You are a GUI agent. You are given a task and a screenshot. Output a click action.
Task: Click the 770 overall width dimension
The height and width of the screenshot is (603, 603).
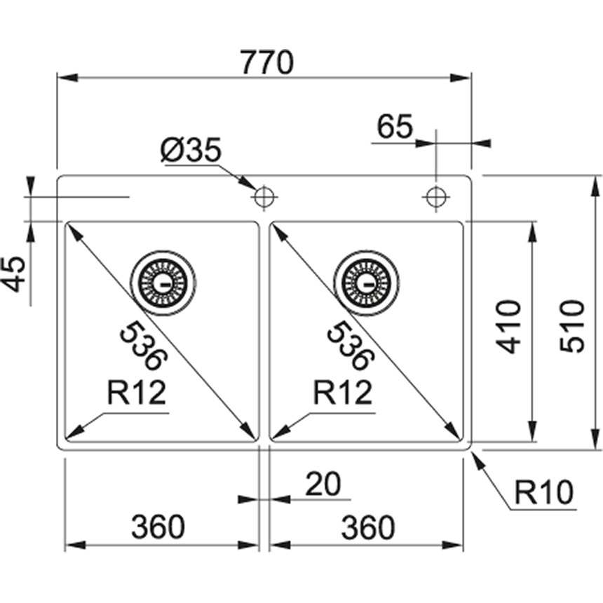point(265,64)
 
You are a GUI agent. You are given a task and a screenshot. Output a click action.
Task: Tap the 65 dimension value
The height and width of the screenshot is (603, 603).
point(395,128)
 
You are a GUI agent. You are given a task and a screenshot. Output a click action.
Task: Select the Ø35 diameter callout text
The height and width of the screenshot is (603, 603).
point(191,150)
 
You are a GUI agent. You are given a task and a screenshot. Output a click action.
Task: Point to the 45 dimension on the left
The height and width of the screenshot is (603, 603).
point(15,273)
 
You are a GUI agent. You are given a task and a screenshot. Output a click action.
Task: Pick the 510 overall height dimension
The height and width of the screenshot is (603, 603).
point(572,326)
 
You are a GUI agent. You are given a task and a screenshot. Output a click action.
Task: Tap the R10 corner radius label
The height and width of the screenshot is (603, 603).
point(543,494)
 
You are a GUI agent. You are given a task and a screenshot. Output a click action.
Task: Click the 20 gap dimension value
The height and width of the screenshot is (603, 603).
point(323,484)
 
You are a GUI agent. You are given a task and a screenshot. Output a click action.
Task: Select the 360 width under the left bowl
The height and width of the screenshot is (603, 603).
point(158,527)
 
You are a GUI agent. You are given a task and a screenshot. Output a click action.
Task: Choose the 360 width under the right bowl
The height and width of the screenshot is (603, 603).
point(368,527)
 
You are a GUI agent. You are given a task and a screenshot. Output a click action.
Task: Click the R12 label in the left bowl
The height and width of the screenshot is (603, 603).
point(137,393)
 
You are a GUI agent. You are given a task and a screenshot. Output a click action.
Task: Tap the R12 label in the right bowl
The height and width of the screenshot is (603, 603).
point(342,393)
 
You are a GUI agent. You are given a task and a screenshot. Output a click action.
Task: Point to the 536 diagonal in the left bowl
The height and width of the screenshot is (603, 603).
point(144,345)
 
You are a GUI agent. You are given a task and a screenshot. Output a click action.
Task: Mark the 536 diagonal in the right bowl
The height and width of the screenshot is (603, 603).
point(348,345)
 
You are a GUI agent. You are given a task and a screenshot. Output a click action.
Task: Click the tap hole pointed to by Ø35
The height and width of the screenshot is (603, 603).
point(264,198)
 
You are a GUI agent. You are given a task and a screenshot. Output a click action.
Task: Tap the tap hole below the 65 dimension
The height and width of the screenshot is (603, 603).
point(436,198)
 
